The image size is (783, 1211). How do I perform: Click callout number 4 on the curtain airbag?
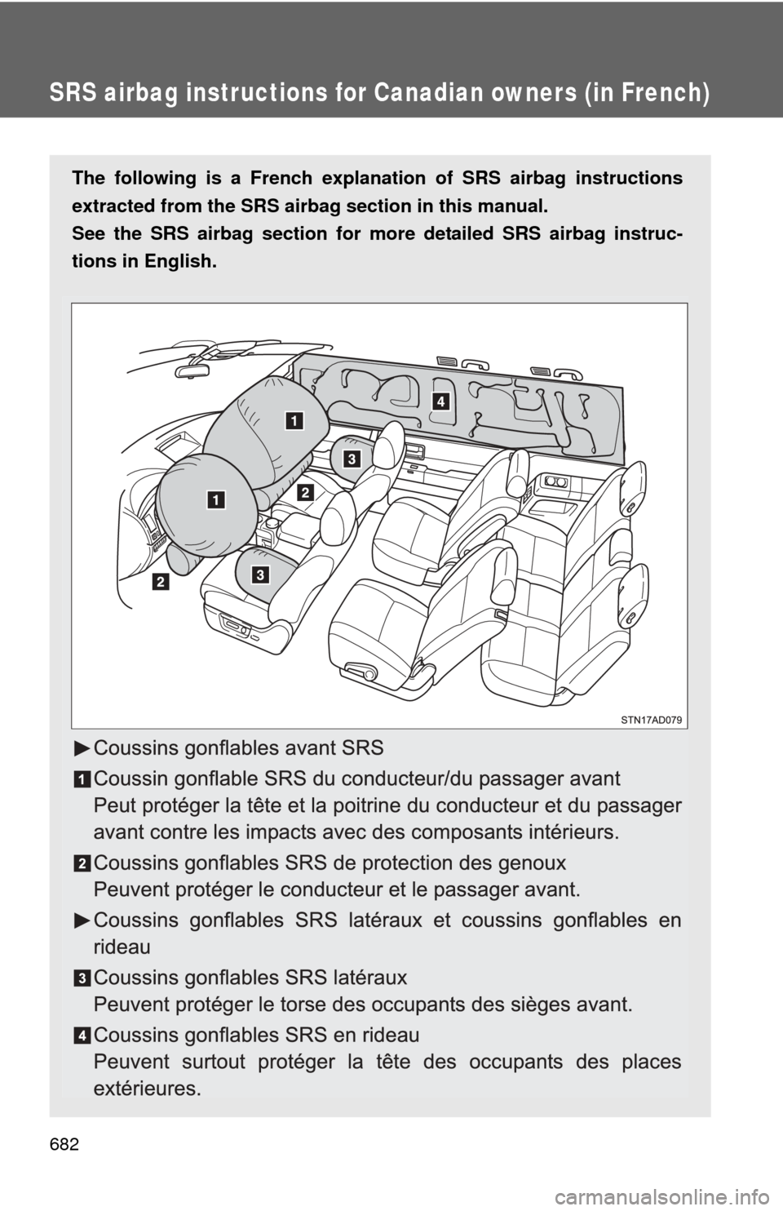coord(440,401)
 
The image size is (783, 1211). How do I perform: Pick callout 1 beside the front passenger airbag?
coord(294,420)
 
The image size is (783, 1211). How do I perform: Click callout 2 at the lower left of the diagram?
coord(160,582)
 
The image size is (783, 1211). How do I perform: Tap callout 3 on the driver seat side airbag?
coord(259,575)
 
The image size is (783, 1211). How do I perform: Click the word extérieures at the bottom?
coord(146,1089)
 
